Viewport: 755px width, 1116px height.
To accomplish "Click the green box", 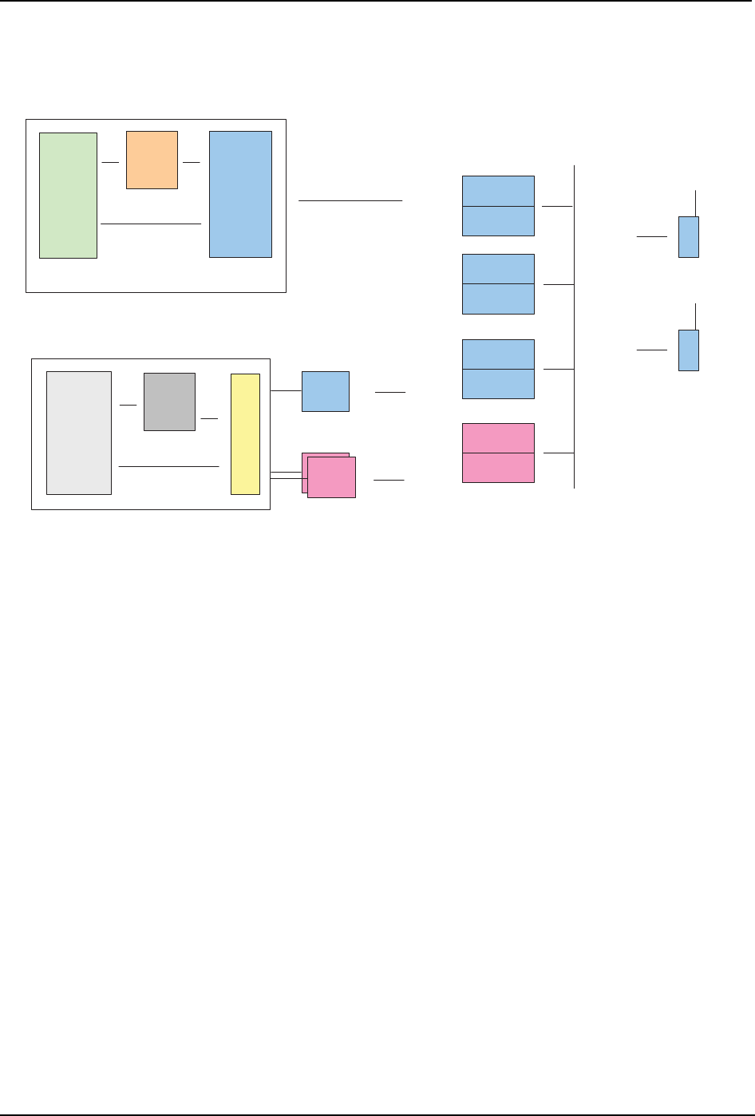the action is (68, 196).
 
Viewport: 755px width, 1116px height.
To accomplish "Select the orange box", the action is (152, 160).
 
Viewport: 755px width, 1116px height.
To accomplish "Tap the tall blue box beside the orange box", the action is (240, 194).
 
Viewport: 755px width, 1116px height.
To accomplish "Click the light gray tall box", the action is (78, 433).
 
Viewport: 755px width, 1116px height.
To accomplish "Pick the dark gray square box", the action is (169, 402).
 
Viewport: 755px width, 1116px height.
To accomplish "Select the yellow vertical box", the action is (245, 433).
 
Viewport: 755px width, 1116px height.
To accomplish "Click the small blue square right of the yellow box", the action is (325, 391).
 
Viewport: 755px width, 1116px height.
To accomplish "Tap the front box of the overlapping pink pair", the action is (331, 477).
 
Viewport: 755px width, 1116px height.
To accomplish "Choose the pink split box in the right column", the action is (498, 453).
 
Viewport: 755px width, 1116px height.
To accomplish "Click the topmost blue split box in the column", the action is (498, 205).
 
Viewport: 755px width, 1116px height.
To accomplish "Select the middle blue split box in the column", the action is (498, 283).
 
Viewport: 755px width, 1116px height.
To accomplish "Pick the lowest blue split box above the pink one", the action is (498, 369).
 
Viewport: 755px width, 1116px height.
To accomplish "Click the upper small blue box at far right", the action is (688, 236).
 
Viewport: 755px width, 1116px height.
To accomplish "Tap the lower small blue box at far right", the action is (688, 350).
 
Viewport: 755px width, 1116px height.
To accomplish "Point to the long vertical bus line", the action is (574, 327).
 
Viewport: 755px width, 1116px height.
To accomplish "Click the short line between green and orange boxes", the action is (110, 162).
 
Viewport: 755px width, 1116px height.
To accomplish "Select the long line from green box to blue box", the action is (151, 224).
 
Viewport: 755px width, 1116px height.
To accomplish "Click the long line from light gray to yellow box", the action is (168, 465).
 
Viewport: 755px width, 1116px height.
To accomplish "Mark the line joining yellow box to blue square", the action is (286, 391).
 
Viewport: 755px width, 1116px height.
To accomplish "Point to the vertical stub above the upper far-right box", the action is (697, 203).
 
